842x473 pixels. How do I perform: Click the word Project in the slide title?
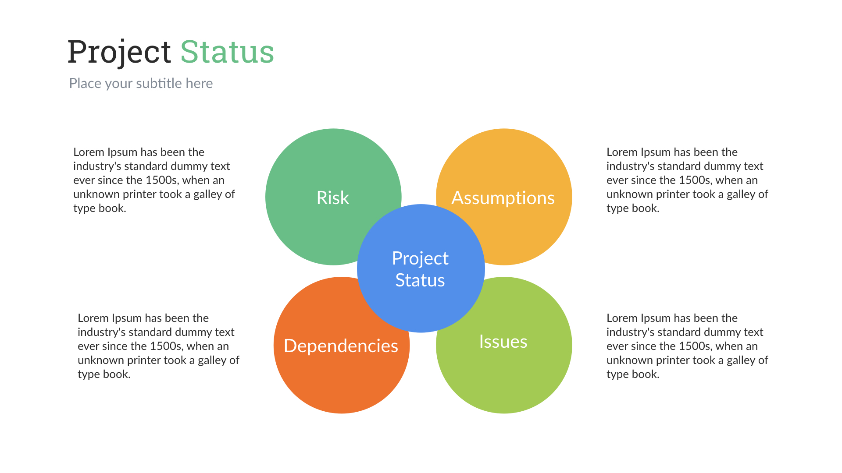coord(119,52)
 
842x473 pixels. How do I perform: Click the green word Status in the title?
coord(227,52)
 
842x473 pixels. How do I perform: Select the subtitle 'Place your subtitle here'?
coord(141,83)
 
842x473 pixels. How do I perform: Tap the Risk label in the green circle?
coord(333,198)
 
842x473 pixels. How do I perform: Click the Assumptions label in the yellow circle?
coord(503,198)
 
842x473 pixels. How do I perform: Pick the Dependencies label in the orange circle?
coord(341,346)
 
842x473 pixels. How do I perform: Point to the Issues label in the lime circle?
coord(503,342)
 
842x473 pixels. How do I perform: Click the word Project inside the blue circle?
coord(420,258)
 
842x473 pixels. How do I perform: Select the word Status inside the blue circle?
coord(420,280)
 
